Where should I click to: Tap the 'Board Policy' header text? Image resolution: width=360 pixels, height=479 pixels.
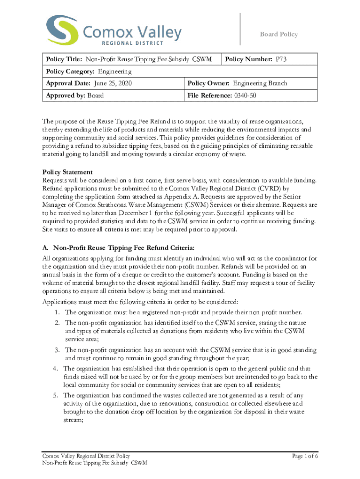pyautogui.click(x=279, y=34)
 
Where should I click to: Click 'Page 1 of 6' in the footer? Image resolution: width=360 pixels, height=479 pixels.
pyautogui.click(x=305, y=456)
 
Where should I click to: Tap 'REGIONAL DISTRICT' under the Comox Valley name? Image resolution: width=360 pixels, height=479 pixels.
pyautogui.click(x=126, y=44)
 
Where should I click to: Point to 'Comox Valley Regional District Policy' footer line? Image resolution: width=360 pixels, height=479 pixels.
pyautogui.click(x=86, y=456)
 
